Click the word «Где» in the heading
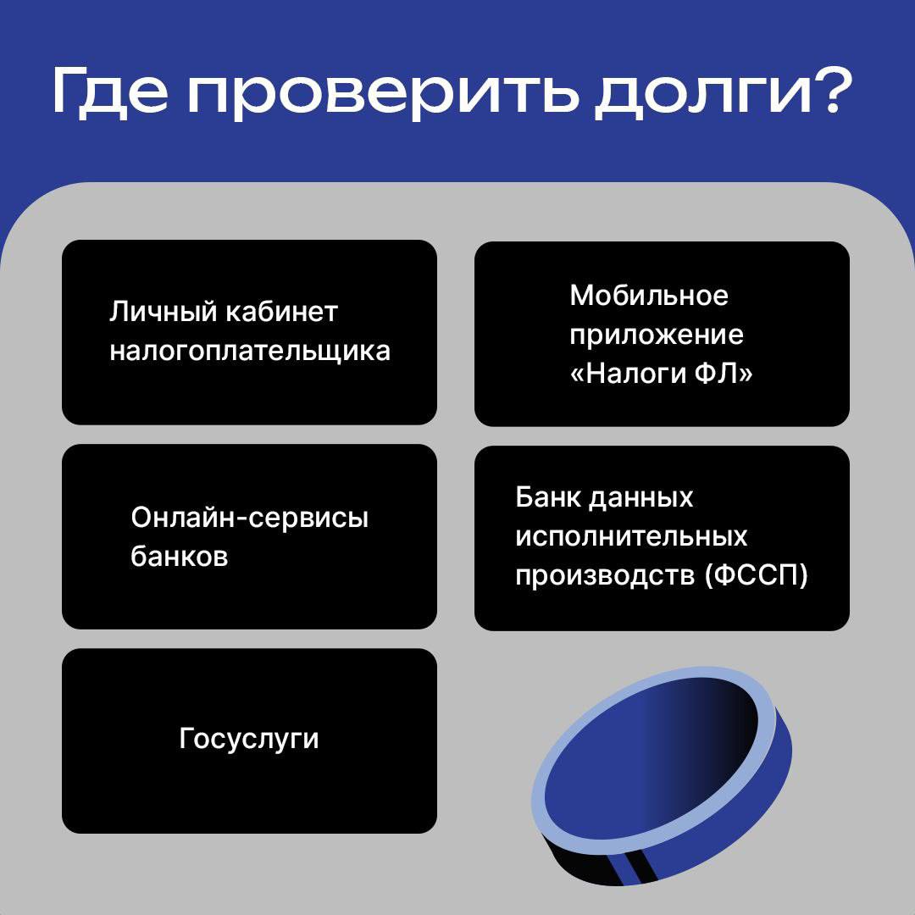click(x=110, y=93)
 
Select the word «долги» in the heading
click(x=703, y=93)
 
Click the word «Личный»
click(x=163, y=312)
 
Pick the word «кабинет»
click(x=282, y=311)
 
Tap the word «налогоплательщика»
click(x=250, y=352)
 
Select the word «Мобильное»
click(x=649, y=296)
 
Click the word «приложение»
click(x=657, y=335)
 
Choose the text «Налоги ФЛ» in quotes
click(x=662, y=374)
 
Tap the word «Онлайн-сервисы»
click(x=250, y=518)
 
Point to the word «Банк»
click(x=547, y=498)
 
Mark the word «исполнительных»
click(x=631, y=537)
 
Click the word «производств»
click(x=605, y=575)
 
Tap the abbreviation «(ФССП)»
click(x=757, y=575)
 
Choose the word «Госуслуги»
click(x=249, y=740)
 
